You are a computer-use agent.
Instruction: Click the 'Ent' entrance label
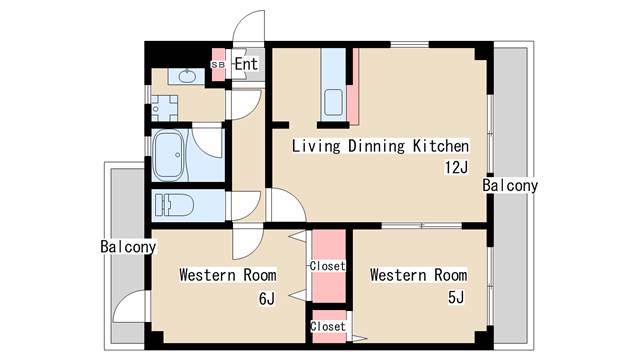tap(246, 64)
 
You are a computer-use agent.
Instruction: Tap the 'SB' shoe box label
tap(218, 65)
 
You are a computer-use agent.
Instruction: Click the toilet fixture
tap(174, 205)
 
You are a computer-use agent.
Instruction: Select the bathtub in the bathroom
tap(168, 155)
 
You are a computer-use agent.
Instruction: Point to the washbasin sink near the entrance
tap(186, 76)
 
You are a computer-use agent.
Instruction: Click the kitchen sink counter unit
tap(333, 84)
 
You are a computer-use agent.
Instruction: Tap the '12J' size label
tap(456, 167)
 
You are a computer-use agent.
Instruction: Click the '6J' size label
tap(267, 299)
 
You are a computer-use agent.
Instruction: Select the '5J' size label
tap(456, 298)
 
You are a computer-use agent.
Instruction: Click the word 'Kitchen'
tap(440, 146)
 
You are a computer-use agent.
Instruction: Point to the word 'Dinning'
tap(376, 147)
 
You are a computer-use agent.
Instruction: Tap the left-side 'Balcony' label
tap(128, 247)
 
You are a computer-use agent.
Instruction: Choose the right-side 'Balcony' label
tap(510, 185)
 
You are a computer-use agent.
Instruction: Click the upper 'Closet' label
tap(327, 266)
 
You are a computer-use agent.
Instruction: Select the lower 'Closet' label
tap(328, 327)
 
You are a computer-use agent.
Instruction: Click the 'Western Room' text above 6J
tap(228, 275)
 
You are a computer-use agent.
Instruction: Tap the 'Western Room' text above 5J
tap(418, 275)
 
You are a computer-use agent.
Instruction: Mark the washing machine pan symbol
tap(165, 109)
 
